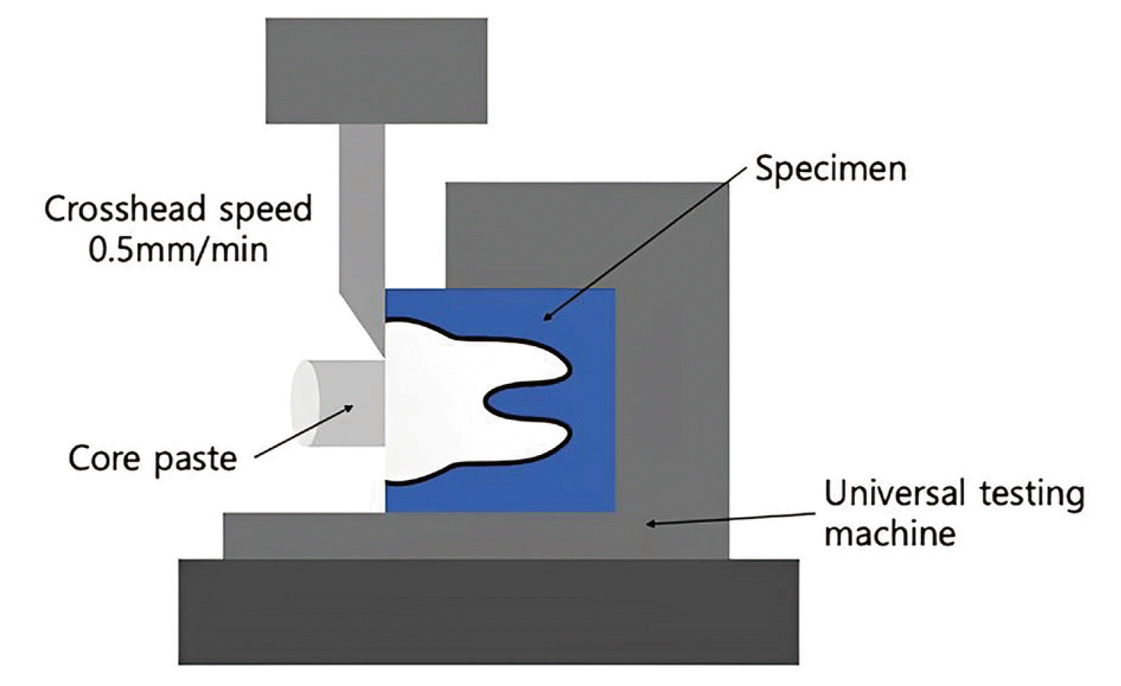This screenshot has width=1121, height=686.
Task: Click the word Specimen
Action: pos(830,170)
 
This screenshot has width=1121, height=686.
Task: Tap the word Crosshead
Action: pos(125,210)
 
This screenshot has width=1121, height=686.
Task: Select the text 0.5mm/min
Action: pos(178,250)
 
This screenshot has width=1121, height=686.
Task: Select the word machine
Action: pos(889,532)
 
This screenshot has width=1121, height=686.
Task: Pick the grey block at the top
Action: pos(376,71)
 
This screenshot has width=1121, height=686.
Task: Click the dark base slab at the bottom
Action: pos(488,611)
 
